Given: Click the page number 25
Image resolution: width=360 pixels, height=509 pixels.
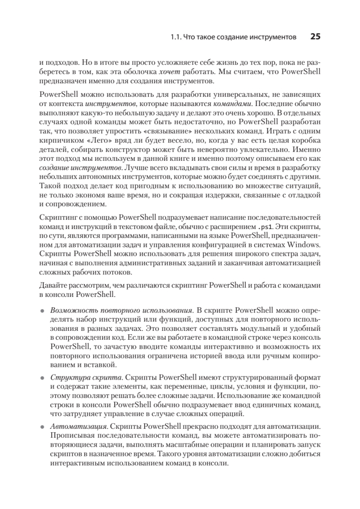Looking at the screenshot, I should point(315,37).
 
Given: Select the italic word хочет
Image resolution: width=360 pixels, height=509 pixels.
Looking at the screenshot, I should point(167,73).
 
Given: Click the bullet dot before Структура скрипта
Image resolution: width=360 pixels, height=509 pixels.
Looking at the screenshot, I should point(42,378).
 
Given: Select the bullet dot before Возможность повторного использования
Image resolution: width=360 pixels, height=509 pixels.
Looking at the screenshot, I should point(42,310).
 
